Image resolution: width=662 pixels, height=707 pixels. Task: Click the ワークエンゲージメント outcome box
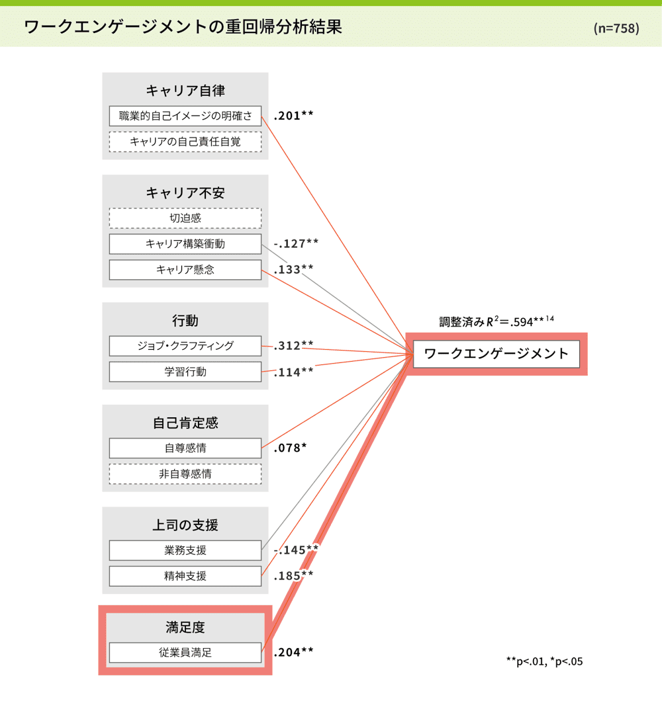click(x=496, y=354)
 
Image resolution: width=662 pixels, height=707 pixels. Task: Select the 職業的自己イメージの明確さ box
click(x=185, y=116)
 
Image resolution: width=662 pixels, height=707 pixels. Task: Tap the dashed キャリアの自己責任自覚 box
click(x=185, y=142)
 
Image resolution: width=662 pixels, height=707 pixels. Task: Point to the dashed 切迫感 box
click(x=185, y=218)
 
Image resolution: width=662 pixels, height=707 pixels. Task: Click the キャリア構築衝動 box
click(x=185, y=244)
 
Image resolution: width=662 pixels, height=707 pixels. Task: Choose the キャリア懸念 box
click(x=185, y=270)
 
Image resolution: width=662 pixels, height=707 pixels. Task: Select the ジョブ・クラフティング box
click(x=185, y=346)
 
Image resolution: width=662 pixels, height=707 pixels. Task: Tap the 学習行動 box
click(x=185, y=372)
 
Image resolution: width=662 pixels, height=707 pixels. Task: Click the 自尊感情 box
click(x=185, y=448)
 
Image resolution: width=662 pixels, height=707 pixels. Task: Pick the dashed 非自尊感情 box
click(x=185, y=474)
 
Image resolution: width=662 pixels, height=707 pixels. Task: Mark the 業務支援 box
click(x=185, y=550)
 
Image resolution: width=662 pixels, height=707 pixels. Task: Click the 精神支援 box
click(x=185, y=576)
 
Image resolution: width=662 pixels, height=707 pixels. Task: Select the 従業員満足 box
click(x=185, y=653)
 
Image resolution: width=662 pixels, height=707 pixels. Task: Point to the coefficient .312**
click(x=293, y=345)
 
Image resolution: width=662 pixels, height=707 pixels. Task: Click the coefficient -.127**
click(x=296, y=243)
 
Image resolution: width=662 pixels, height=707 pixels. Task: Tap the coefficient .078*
click(x=290, y=448)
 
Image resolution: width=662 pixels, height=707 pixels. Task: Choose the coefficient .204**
click(x=293, y=652)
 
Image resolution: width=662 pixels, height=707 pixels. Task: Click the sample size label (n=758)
click(x=616, y=28)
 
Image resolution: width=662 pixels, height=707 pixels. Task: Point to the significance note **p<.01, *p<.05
click(x=544, y=661)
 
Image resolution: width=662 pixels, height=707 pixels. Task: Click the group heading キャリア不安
click(x=185, y=193)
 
